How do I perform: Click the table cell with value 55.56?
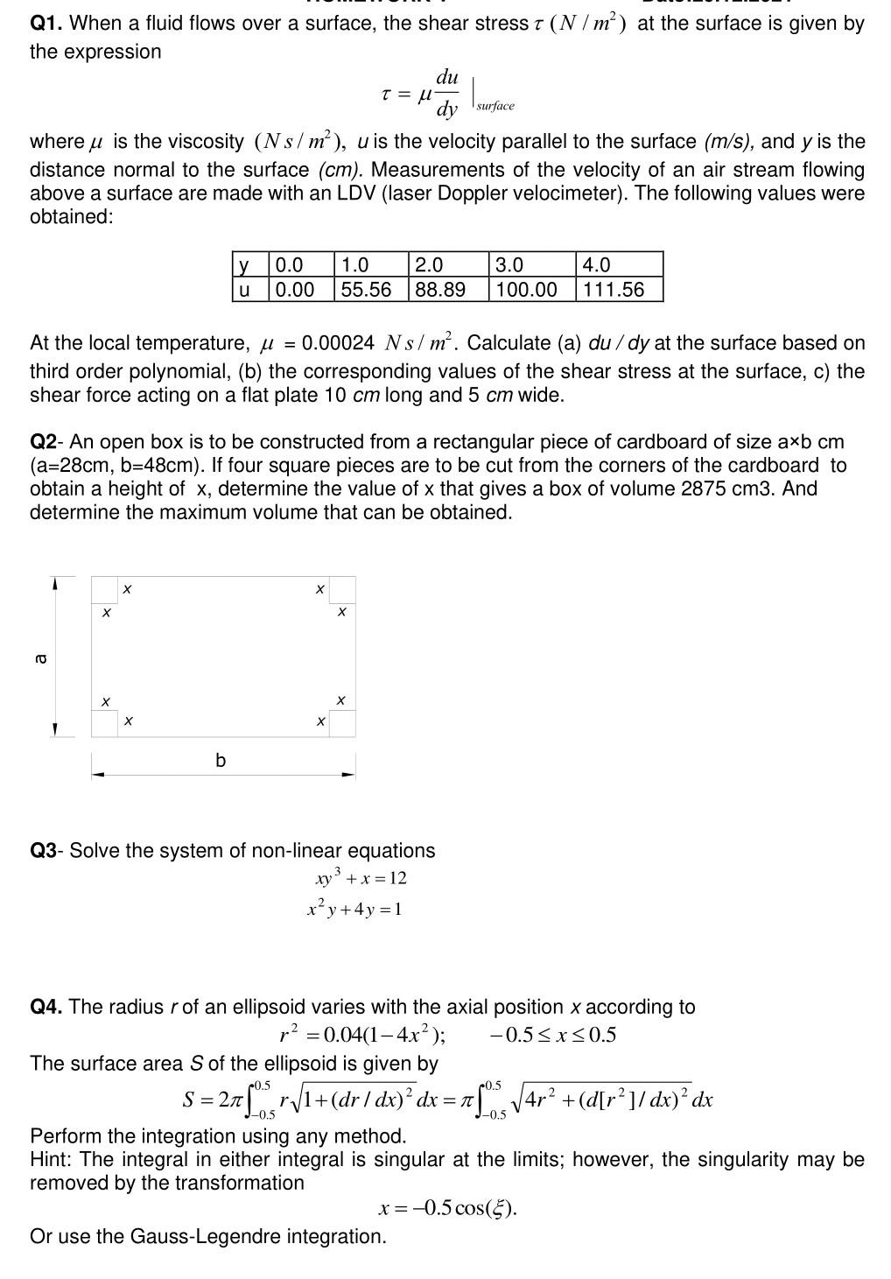tap(366, 290)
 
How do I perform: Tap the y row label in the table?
tap(244, 265)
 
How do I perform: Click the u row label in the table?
tap(244, 290)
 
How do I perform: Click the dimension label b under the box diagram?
tap(221, 760)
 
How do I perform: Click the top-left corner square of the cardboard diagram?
tap(104, 589)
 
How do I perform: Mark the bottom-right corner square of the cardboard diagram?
tap(342, 723)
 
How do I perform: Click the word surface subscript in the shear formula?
tap(495, 106)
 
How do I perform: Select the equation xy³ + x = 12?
tap(361, 877)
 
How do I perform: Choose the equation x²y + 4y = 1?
tap(354, 909)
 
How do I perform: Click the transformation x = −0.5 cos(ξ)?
tap(447, 1209)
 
